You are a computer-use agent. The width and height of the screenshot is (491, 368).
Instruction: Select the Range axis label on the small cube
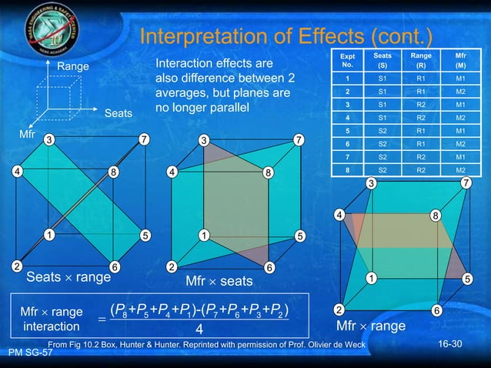73,67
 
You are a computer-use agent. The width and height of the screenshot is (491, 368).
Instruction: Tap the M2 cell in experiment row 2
460,91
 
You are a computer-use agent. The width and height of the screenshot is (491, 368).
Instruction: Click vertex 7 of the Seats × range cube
143,140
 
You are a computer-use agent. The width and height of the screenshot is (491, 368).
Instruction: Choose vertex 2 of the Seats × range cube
16,266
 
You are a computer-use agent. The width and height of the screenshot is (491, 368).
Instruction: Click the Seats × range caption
68,276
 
